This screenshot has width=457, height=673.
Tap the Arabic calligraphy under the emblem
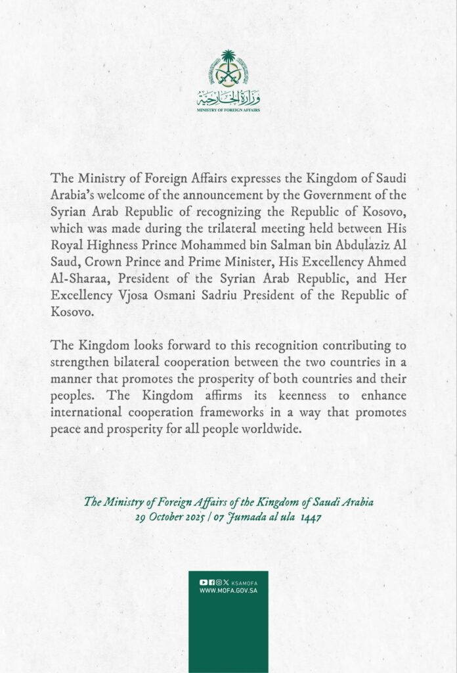pyautogui.click(x=228, y=99)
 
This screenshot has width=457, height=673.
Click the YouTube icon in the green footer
pyautogui.click(x=203, y=582)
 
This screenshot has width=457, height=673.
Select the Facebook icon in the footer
pyautogui.click(x=211, y=582)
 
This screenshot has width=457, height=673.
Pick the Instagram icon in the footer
pyautogui.click(x=218, y=582)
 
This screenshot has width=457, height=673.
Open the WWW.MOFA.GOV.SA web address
pyautogui.click(x=228, y=592)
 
